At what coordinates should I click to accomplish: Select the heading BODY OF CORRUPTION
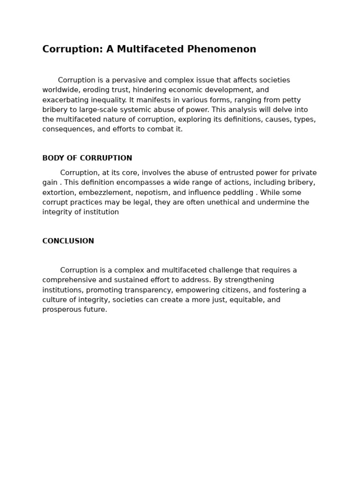[87, 158]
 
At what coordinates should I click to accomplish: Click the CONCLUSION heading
[68, 241]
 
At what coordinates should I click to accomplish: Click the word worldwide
[60, 90]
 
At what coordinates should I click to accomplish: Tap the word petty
[291, 100]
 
